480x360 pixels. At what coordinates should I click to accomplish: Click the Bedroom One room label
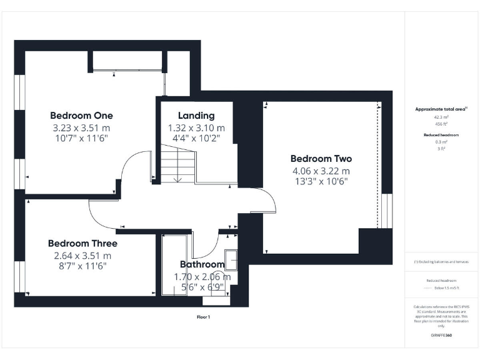click(x=81, y=116)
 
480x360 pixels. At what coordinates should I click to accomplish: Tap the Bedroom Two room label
click(x=321, y=159)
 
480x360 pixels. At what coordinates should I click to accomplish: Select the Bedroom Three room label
click(x=82, y=243)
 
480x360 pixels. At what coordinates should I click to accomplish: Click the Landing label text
click(x=196, y=116)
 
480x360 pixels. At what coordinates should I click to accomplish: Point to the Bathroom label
click(x=202, y=264)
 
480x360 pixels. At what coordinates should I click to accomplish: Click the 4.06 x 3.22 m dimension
click(x=321, y=171)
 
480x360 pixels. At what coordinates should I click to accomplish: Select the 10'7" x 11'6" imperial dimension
click(x=81, y=138)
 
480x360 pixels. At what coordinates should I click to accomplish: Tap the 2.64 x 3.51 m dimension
click(x=82, y=255)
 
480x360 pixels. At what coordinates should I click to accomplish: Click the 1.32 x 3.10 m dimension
click(x=196, y=127)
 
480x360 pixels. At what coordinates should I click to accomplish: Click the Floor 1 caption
click(x=204, y=317)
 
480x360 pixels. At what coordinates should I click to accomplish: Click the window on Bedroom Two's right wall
click(x=387, y=211)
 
